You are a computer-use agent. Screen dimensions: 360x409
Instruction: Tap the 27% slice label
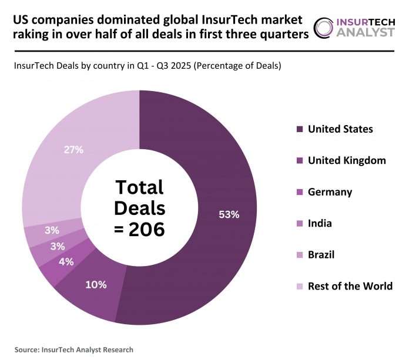73,150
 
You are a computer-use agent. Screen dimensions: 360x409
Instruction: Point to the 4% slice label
66,262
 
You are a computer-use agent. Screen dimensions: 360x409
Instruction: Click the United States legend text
340,129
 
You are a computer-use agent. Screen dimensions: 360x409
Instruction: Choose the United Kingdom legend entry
347,160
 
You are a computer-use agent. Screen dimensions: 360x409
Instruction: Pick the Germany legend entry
330,192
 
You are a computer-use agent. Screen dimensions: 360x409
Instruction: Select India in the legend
320,223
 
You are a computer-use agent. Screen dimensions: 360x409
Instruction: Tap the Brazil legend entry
321,255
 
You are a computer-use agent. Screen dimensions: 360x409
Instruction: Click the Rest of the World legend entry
350,286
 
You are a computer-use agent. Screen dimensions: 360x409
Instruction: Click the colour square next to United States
300,129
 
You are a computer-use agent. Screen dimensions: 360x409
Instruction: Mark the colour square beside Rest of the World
300,287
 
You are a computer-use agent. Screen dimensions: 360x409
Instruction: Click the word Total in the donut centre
139,187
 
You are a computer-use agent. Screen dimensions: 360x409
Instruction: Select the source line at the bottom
74,349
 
